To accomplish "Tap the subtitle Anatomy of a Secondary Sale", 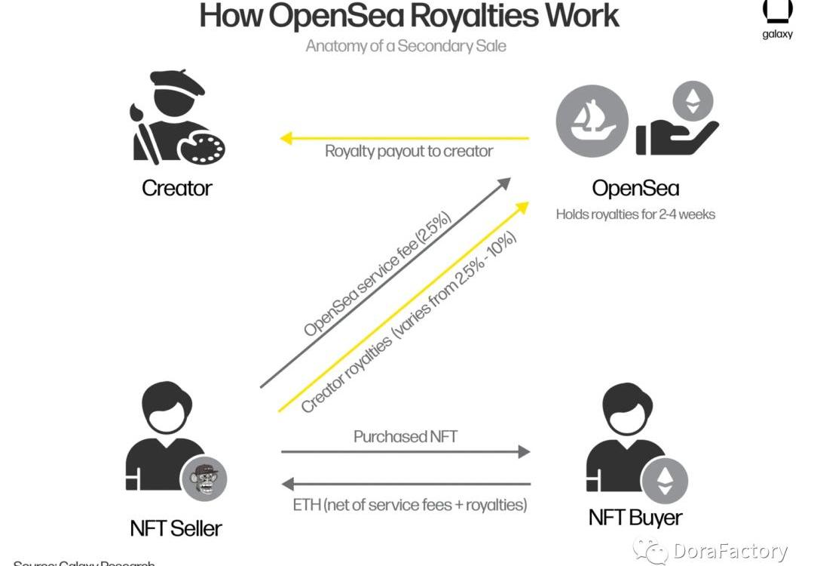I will (x=405, y=46).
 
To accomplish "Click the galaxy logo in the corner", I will (x=777, y=18).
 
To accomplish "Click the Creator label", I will (x=177, y=188).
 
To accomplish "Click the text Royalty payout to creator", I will (x=409, y=151).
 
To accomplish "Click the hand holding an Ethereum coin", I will (x=677, y=121).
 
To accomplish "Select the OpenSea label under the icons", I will (x=635, y=189).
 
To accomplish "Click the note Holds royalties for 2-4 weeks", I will (x=635, y=214).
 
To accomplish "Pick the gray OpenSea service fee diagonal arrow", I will (x=384, y=283).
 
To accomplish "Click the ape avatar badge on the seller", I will (x=203, y=478).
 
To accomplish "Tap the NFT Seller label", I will (x=176, y=528).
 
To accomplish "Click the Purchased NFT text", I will (x=405, y=437).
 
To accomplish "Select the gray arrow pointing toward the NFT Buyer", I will (x=405, y=452).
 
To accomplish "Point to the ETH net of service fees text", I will (x=409, y=504).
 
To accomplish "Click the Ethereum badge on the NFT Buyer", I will (x=664, y=479).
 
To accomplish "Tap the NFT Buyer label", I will (x=635, y=518).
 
